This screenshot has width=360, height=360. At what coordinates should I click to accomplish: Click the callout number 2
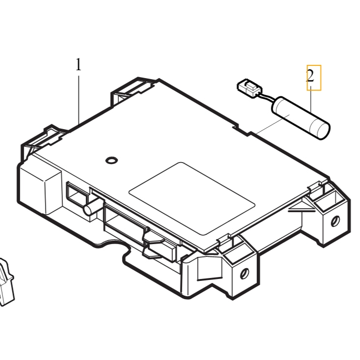310,76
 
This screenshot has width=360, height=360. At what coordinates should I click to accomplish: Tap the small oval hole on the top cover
112,160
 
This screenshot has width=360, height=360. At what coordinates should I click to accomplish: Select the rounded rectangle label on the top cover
192,198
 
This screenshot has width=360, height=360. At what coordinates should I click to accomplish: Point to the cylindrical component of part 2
301,118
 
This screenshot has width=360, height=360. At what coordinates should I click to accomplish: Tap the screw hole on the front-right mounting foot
245,274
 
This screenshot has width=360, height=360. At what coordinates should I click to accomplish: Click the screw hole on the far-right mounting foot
335,221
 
